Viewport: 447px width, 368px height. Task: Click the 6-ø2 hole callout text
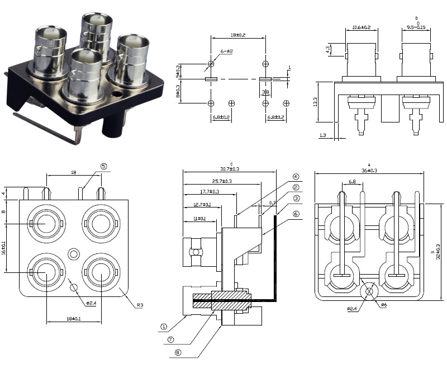click(x=227, y=51)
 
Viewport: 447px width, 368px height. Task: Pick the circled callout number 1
click(x=164, y=326)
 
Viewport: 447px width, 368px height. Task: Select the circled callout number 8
click(x=178, y=352)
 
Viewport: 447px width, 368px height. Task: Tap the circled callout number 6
click(x=296, y=214)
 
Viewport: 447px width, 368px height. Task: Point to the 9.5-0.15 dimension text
click(x=416, y=27)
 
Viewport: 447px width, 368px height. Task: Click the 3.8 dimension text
click(x=266, y=92)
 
